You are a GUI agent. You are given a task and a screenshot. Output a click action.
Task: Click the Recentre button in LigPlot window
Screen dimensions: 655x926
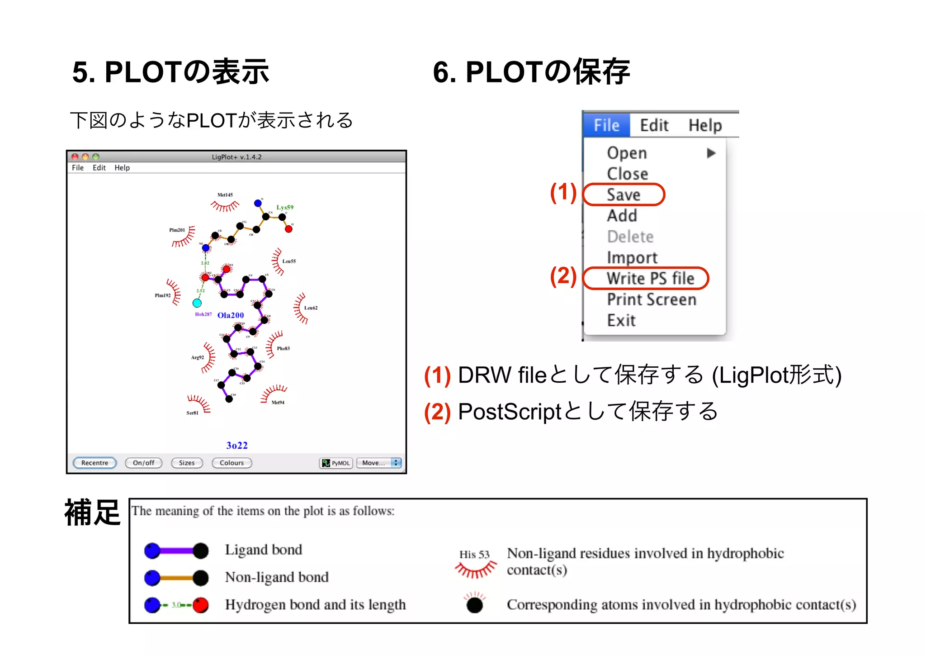[x=94, y=463]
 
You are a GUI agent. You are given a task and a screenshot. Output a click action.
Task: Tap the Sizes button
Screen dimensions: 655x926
[x=187, y=463]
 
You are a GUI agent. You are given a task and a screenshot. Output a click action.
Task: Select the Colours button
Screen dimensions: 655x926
[x=231, y=463]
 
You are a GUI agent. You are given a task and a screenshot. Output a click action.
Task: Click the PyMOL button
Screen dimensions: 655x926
[x=336, y=463]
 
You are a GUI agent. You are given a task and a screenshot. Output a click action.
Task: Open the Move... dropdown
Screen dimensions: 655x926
[x=379, y=463]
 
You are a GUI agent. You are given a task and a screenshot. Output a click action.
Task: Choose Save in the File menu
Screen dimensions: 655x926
[x=624, y=195]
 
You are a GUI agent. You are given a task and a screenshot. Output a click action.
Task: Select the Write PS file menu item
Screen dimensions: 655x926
[x=650, y=278]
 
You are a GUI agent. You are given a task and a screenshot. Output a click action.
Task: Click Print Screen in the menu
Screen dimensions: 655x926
[x=651, y=299]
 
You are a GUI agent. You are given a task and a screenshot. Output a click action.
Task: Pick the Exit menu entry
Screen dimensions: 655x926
[x=621, y=320]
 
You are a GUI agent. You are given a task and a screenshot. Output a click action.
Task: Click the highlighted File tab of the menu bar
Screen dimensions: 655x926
[x=606, y=125]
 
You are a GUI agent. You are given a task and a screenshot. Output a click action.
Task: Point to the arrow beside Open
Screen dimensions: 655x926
[x=711, y=153]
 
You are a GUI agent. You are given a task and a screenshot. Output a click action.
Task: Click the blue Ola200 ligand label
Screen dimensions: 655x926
[x=231, y=315]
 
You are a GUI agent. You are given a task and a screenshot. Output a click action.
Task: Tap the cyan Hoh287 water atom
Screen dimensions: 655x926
[x=197, y=303]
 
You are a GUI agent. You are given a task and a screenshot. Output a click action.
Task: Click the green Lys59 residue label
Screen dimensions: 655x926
[x=285, y=207]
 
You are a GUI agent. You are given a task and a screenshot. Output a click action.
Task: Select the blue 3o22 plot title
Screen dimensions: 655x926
[x=237, y=445]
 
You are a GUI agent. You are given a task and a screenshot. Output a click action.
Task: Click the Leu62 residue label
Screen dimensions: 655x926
[x=311, y=308]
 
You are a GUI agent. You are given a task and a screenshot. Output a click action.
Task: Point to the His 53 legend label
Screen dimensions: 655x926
[x=474, y=554]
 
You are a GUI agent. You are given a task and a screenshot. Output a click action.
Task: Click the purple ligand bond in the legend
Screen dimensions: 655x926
[x=176, y=551]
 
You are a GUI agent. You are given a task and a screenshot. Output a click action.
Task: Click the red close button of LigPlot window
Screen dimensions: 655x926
[x=75, y=157]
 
